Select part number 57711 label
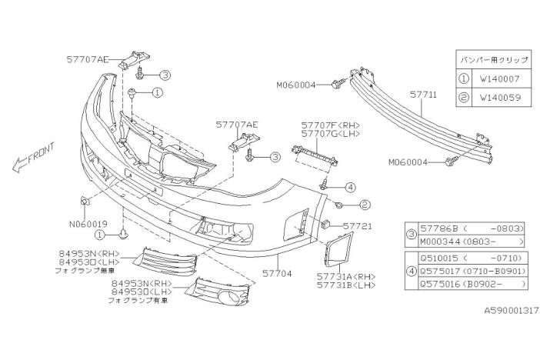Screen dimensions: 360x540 click(x=423, y=95)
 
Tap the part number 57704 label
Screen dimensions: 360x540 click(x=276, y=272)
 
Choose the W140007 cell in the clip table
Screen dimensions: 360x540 click(x=500, y=78)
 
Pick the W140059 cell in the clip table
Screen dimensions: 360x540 click(x=500, y=98)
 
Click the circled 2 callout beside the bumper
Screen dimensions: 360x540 click(x=365, y=205)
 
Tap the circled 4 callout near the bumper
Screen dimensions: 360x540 click(x=350, y=187)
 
